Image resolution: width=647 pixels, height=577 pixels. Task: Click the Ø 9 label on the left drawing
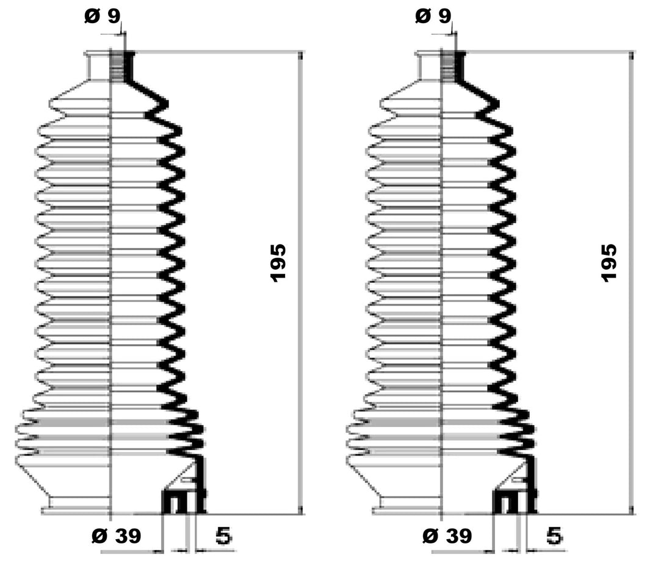click(x=103, y=16)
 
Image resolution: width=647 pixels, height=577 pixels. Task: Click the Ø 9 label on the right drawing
click(x=433, y=16)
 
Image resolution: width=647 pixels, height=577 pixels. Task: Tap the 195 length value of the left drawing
click(x=278, y=263)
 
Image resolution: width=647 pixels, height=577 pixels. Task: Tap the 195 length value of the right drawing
click(x=609, y=263)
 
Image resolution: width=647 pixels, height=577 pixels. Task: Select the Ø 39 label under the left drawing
click(x=116, y=536)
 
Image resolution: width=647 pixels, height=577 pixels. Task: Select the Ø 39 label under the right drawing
click(x=447, y=536)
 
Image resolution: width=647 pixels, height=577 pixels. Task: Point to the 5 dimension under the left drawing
click(x=223, y=536)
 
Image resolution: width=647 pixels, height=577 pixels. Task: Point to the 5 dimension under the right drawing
click(x=555, y=536)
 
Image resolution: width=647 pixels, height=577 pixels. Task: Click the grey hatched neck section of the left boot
click(x=118, y=67)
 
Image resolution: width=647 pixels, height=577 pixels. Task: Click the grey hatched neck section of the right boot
click(x=449, y=67)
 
